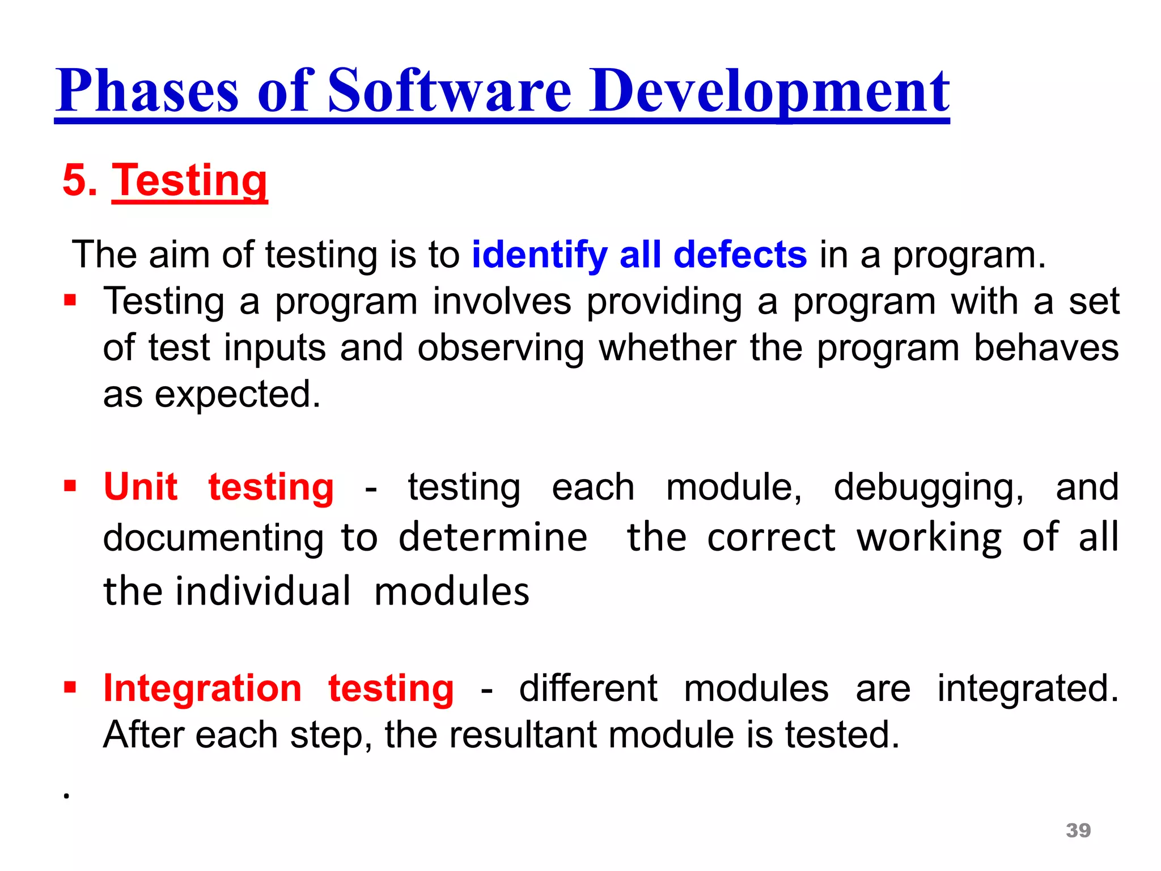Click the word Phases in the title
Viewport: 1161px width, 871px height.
(x=147, y=91)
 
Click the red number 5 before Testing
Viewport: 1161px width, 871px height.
(x=74, y=180)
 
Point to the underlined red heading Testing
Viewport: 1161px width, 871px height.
(x=189, y=180)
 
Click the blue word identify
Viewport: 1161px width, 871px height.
(x=539, y=255)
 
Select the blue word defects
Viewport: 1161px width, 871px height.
(x=740, y=255)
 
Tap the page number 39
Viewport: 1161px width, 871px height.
(x=1078, y=830)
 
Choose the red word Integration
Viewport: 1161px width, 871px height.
(x=202, y=688)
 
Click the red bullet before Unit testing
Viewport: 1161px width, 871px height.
(x=70, y=486)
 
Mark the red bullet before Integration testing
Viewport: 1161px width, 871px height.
(x=70, y=688)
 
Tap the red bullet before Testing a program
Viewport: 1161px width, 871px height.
(x=70, y=299)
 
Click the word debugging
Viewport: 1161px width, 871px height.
(x=929, y=488)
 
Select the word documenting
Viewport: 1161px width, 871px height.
(x=213, y=538)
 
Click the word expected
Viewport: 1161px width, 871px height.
(x=238, y=394)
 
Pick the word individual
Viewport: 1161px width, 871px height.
(x=263, y=591)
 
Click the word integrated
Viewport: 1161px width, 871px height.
(x=1027, y=688)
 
